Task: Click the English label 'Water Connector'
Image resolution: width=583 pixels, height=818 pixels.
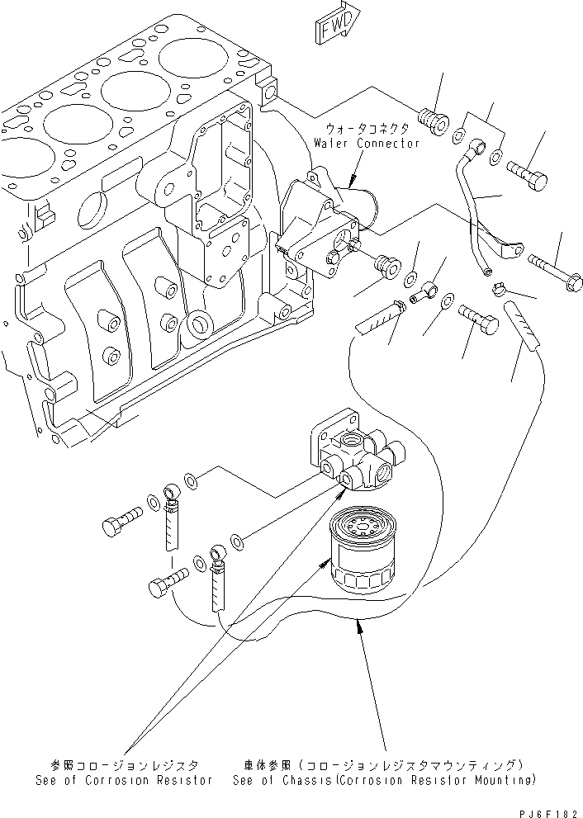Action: [x=366, y=143]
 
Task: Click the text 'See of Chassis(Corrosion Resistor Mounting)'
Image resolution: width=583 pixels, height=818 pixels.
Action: [x=383, y=780]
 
